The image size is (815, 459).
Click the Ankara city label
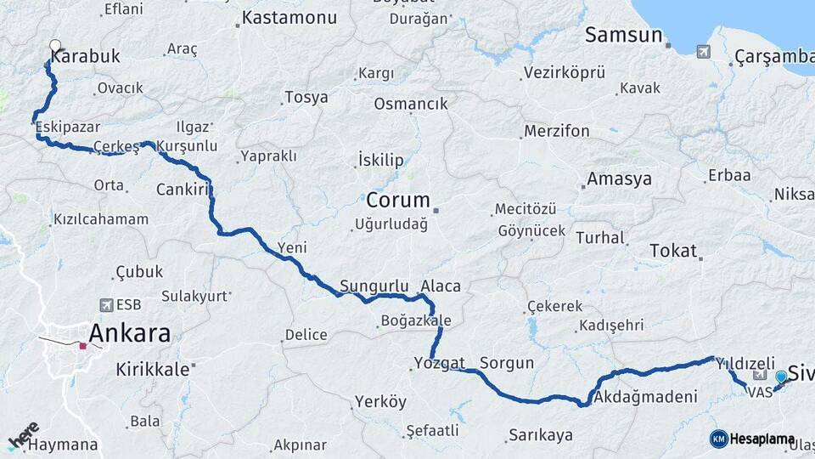click(x=129, y=333)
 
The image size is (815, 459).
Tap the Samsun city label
click(x=623, y=35)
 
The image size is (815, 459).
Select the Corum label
click(x=398, y=201)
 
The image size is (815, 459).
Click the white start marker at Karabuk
click(x=55, y=46)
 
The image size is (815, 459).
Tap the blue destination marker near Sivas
click(x=781, y=377)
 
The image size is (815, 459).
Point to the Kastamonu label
click(x=289, y=18)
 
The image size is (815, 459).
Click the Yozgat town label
click(x=439, y=363)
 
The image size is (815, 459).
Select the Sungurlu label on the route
click(x=368, y=286)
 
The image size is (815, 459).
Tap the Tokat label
click(x=672, y=251)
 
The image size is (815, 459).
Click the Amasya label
click(x=619, y=179)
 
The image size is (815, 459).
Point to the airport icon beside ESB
click(x=106, y=304)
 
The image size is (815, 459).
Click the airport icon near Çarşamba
click(x=703, y=53)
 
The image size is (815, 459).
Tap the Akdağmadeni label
click(x=645, y=397)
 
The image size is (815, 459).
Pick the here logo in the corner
click(x=22, y=438)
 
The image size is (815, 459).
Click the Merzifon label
click(x=556, y=132)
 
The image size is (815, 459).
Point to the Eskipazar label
click(x=63, y=126)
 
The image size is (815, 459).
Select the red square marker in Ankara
click(x=83, y=346)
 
